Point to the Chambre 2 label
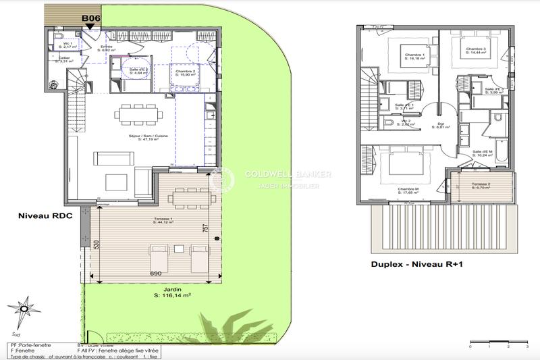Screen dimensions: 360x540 186,72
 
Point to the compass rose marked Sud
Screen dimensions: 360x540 24,310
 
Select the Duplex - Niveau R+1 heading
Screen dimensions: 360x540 412,264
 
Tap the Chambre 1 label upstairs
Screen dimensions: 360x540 413,57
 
